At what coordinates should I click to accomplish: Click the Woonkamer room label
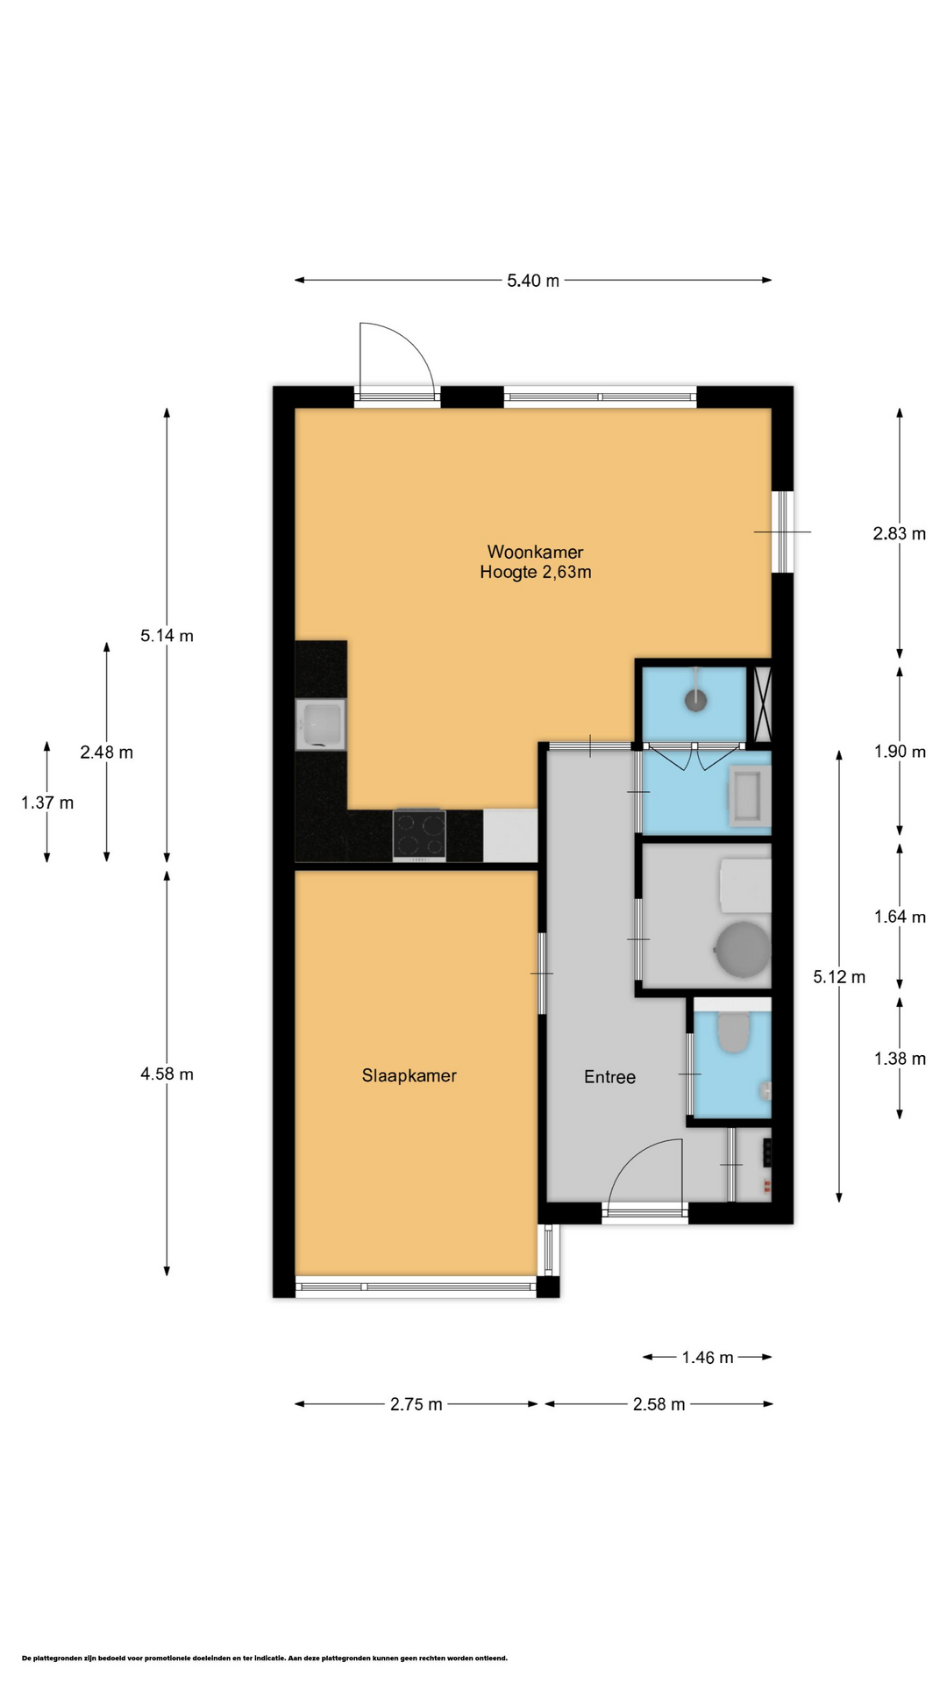pyautogui.click(x=535, y=552)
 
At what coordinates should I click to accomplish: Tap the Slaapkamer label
pyautogui.click(x=409, y=1075)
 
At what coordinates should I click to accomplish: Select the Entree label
pyautogui.click(x=609, y=1077)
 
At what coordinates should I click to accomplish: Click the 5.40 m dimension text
pyautogui.click(x=533, y=281)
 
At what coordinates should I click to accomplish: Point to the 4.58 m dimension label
pyautogui.click(x=167, y=1074)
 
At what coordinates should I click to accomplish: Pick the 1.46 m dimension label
pyautogui.click(x=708, y=1358)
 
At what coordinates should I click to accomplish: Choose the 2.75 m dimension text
pyautogui.click(x=417, y=1404)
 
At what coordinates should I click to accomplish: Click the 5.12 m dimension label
pyautogui.click(x=839, y=977)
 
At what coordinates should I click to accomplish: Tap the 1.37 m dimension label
pyautogui.click(x=47, y=803)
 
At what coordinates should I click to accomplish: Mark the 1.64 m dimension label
pyautogui.click(x=900, y=917)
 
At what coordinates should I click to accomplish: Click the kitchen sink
pyautogui.click(x=321, y=724)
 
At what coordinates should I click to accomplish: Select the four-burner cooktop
pyautogui.click(x=419, y=835)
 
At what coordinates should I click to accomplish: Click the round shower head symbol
pyautogui.click(x=696, y=699)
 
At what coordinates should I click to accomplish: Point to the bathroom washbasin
pyautogui.click(x=750, y=797)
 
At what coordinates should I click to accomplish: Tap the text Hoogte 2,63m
pyautogui.click(x=535, y=573)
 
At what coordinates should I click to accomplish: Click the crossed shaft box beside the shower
pyautogui.click(x=762, y=704)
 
